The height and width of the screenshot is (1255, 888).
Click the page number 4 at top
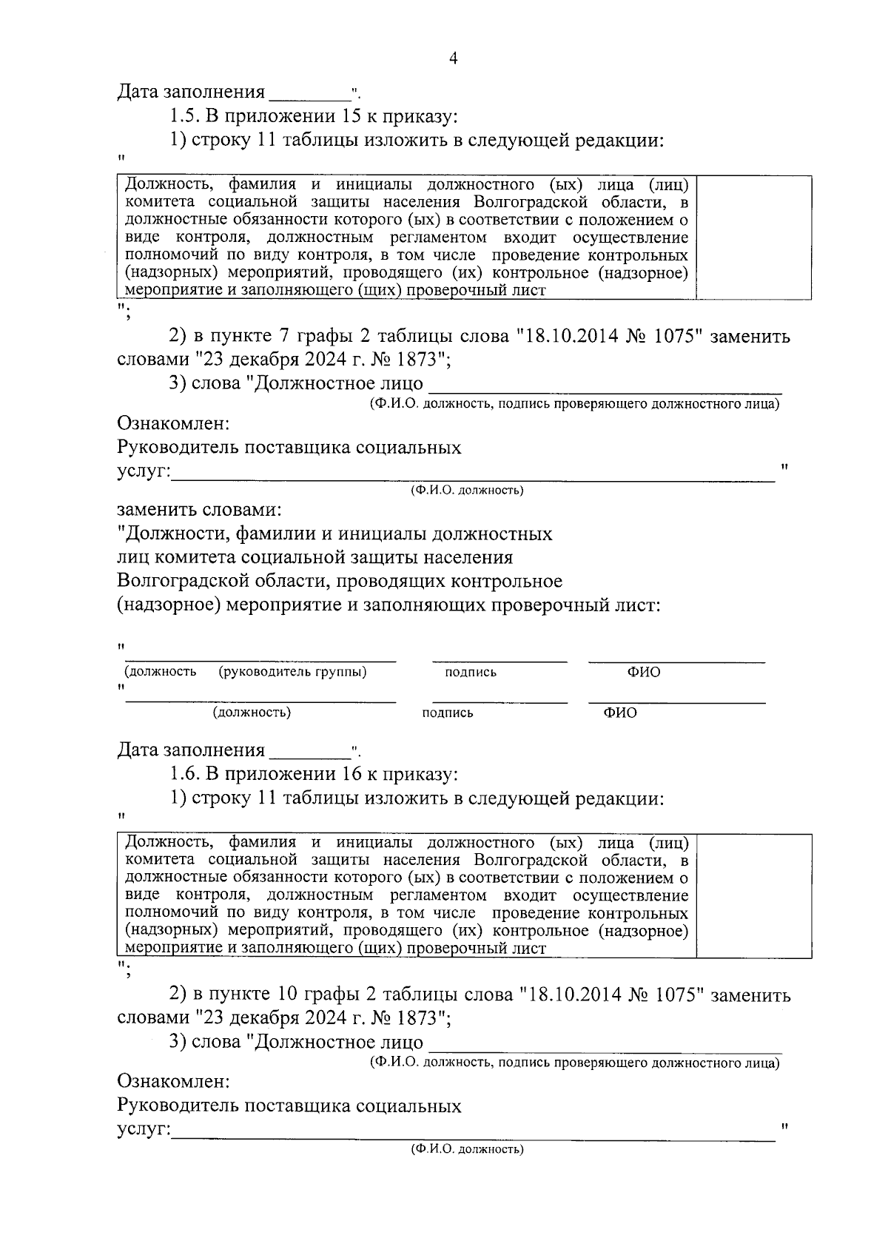[x=453, y=59]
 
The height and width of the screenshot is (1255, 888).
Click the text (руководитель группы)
[x=292, y=672]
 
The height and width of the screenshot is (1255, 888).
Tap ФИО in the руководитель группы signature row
[x=644, y=672]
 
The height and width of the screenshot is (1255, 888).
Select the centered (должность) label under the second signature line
[x=252, y=713]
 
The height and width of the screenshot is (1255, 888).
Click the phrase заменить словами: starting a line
[x=199, y=511]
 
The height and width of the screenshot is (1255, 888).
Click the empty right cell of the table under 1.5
[x=753, y=238]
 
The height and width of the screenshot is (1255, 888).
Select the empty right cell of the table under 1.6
[x=753, y=895]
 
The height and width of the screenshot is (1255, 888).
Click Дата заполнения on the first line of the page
[x=191, y=92]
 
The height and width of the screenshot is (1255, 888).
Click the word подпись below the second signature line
[x=447, y=713]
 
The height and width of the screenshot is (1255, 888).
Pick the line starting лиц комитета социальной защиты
[x=314, y=558]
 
